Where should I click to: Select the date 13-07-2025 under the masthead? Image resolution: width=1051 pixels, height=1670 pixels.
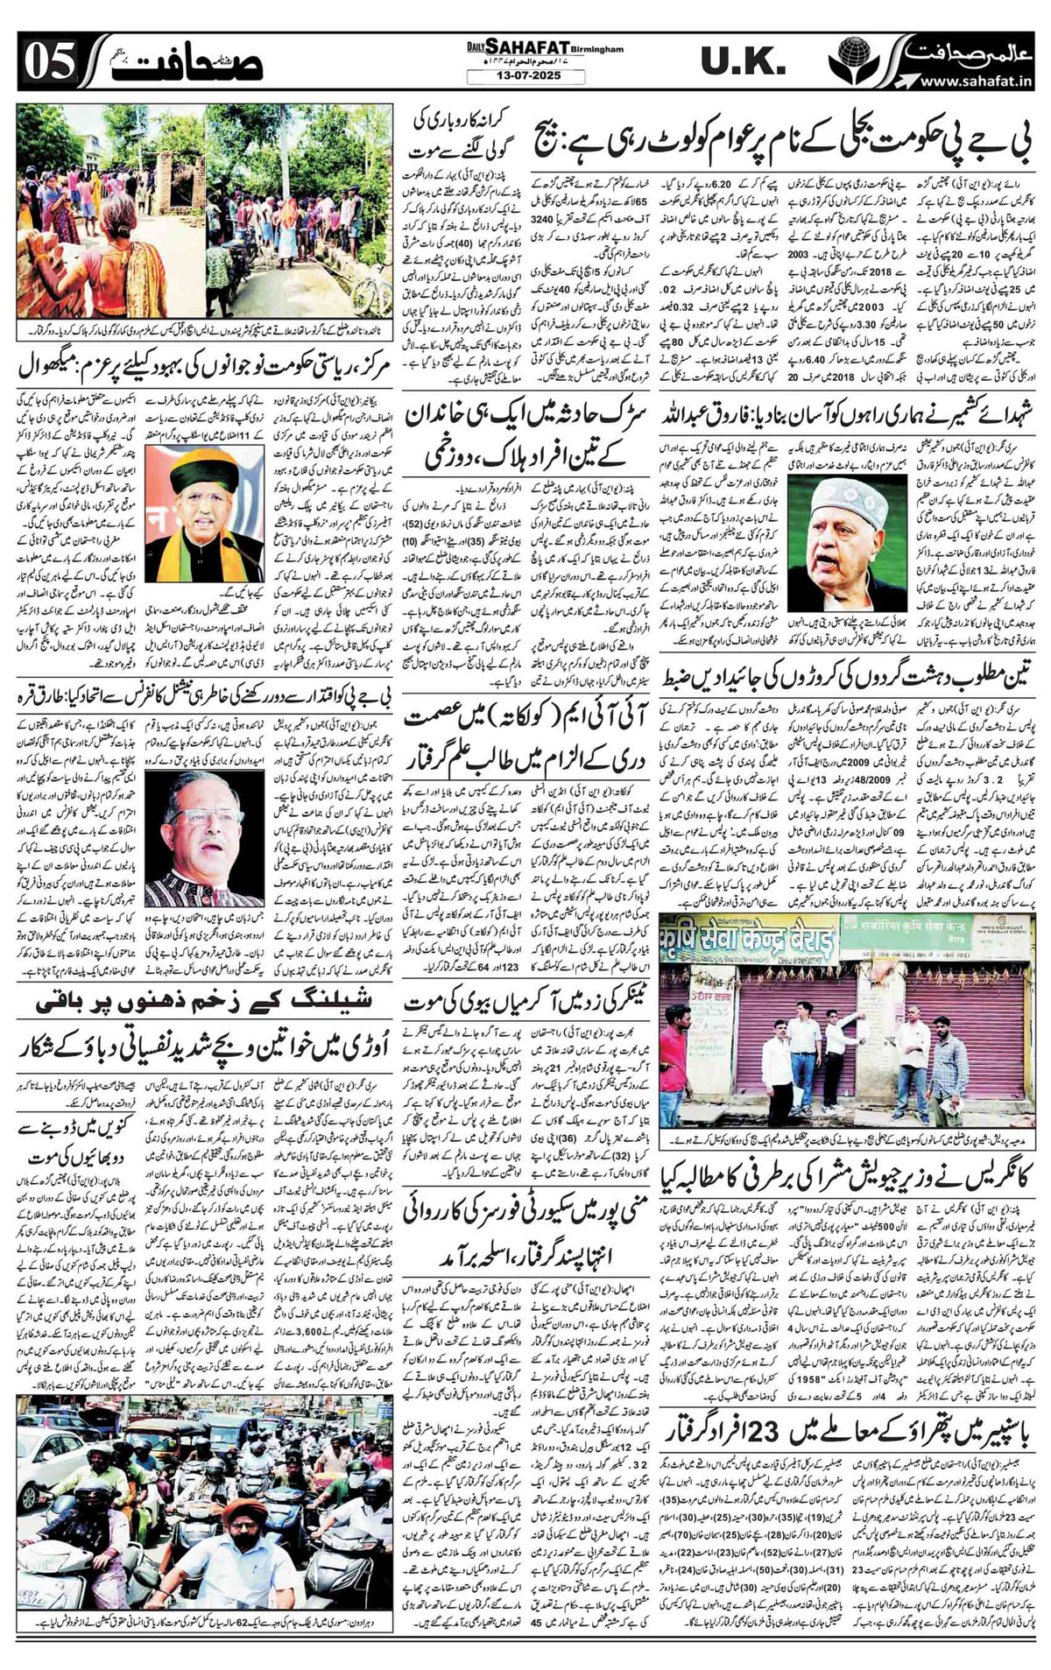(523, 76)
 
